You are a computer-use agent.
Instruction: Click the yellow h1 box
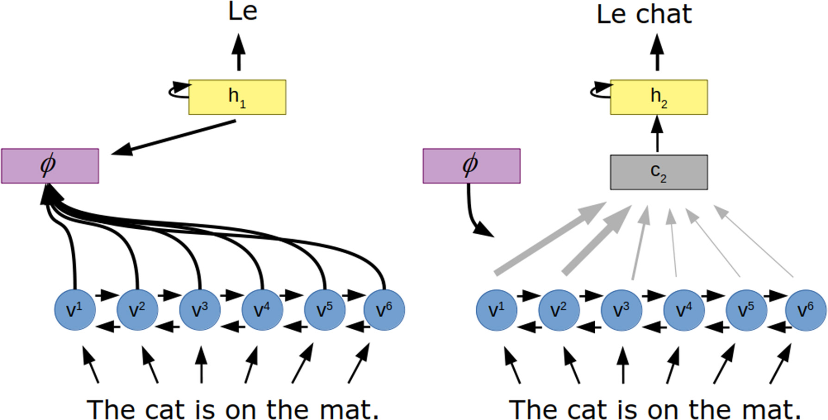[237, 97]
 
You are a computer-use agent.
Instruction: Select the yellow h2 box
[659, 97]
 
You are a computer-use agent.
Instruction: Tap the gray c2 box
[659, 172]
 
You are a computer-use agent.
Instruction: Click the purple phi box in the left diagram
[50, 166]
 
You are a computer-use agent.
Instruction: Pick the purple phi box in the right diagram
[471, 166]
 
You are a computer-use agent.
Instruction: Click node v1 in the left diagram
[75, 310]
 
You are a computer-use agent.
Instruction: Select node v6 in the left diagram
[384, 310]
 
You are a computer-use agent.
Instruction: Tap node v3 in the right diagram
[622, 310]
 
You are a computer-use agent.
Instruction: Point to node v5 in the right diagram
[746, 310]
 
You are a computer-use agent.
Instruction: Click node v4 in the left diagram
[262, 310]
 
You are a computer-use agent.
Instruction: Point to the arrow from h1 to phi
[176, 137]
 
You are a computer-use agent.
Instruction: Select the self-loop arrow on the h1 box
[178, 90]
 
